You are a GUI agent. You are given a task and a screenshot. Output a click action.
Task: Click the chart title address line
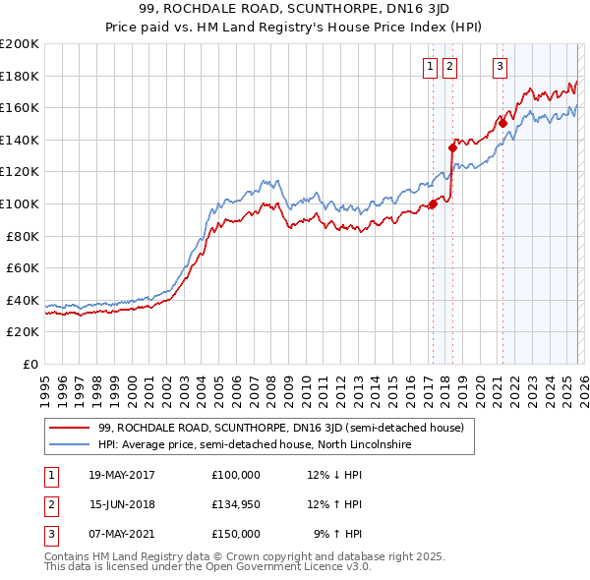coord(295,11)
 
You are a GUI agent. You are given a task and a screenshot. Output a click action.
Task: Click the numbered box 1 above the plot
coord(432,67)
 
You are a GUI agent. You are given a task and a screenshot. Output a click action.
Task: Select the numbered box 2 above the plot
coord(449,67)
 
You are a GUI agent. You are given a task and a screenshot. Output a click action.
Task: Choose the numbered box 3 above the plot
coord(500,67)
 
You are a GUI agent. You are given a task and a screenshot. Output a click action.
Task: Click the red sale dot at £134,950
coord(452,147)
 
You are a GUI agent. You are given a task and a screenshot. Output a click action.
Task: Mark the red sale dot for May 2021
coord(501,123)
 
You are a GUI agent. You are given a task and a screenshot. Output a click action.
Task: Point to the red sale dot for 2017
coord(433,204)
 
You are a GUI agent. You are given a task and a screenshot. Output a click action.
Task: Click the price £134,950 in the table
coord(236,503)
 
